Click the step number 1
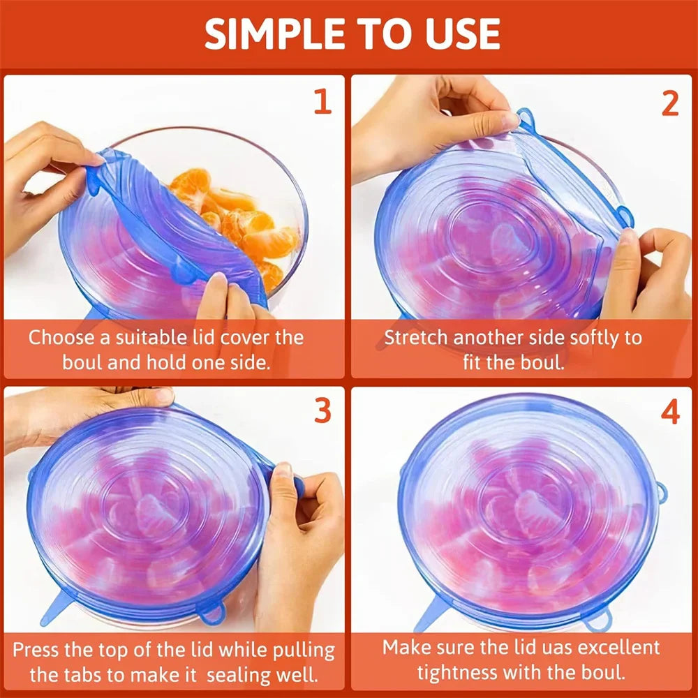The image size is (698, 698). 322,103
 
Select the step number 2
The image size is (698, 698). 669,103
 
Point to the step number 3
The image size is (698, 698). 322,411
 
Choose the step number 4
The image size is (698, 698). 669,413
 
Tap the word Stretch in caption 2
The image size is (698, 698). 417,338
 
